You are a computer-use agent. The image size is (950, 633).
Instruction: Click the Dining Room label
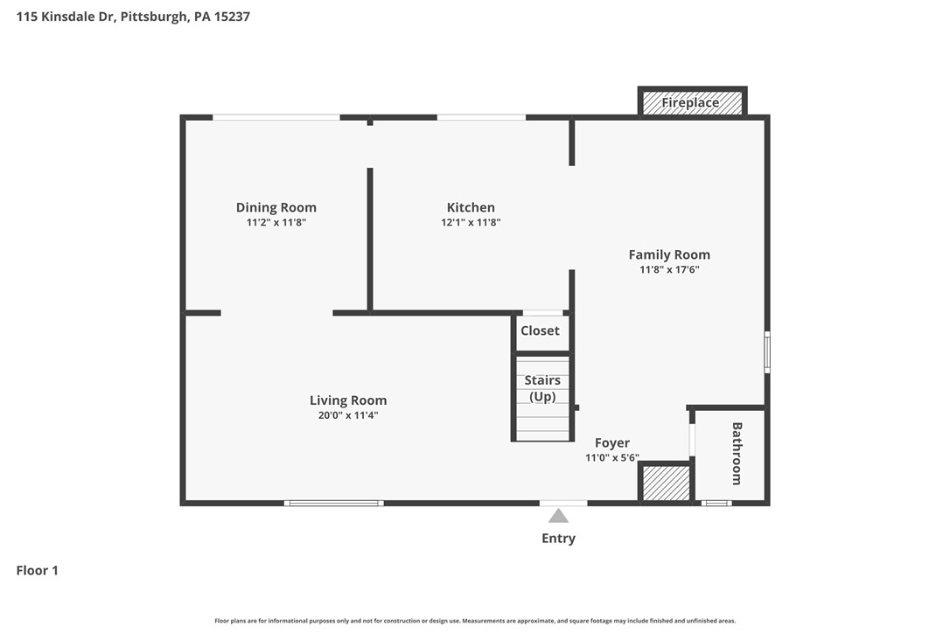click(x=276, y=208)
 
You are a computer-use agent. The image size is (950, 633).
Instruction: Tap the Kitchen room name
click(x=471, y=208)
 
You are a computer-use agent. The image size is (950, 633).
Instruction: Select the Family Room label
click(x=669, y=255)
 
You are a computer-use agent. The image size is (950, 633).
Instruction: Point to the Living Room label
click(x=348, y=400)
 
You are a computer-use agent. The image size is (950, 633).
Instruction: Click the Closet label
click(x=540, y=330)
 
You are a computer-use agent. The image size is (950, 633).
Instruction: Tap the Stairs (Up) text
click(x=542, y=388)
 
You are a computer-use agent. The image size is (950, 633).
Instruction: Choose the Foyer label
click(x=612, y=443)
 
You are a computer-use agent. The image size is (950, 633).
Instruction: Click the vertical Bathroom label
click(x=737, y=454)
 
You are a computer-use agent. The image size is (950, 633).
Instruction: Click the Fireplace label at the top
click(x=690, y=103)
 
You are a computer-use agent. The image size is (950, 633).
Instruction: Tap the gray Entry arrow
click(x=558, y=516)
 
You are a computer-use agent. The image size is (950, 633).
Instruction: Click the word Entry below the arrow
click(x=558, y=539)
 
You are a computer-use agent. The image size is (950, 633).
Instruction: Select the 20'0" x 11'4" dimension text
click(x=348, y=415)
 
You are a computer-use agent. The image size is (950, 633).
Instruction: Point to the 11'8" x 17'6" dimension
click(x=669, y=270)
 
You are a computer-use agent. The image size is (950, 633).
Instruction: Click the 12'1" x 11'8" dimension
click(x=471, y=223)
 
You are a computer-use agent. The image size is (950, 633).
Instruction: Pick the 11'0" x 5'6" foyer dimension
click(x=612, y=457)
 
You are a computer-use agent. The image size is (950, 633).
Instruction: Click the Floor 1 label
click(x=38, y=571)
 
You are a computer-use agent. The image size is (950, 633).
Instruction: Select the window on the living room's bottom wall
click(x=334, y=503)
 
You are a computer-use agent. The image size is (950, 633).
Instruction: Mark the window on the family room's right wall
click(x=767, y=351)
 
